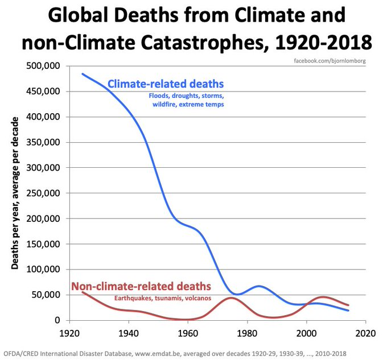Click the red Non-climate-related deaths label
pyautogui.click(x=141, y=285)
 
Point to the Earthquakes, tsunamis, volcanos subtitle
pyautogui.click(x=162, y=297)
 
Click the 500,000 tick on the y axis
pyautogui.click(x=44, y=66)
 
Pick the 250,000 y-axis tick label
pyautogui.click(x=44, y=193)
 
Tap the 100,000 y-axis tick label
pyautogui.click(x=44, y=270)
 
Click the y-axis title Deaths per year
pyautogui.click(x=15, y=193)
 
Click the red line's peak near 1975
pyautogui.click(x=231, y=298)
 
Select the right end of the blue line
pyautogui.click(x=348, y=311)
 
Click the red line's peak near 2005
pyautogui.click(x=323, y=297)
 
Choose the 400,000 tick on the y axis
pyautogui.click(x=44, y=117)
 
